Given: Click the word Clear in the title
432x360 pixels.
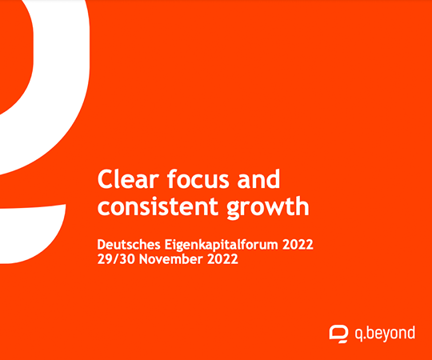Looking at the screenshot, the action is pyautogui.click(x=128, y=179).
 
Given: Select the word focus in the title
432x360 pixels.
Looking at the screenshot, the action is pyautogui.click(x=198, y=179).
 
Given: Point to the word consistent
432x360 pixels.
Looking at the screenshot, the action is pyautogui.click(x=158, y=206).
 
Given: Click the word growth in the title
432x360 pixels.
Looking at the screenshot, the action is pyautogui.click(x=267, y=207).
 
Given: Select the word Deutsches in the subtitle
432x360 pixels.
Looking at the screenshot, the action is pyautogui.click(x=129, y=245).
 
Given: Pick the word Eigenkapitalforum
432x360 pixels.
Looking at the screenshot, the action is pyautogui.click(x=222, y=245).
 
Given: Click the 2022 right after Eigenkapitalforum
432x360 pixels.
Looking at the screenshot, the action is pyautogui.click(x=298, y=245).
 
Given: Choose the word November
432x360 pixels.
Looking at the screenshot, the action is pyautogui.click(x=171, y=259).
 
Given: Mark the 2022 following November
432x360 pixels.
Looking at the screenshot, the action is pyautogui.click(x=222, y=259).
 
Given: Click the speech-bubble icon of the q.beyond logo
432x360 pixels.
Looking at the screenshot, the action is pyautogui.click(x=338, y=334).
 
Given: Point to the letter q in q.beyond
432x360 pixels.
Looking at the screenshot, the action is pyautogui.click(x=358, y=335).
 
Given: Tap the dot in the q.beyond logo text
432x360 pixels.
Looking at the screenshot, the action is pyautogui.click(x=365, y=338).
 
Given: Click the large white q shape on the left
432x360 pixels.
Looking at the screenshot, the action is pyautogui.click(x=62, y=110).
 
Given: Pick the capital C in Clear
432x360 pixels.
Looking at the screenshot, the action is pyautogui.click(x=106, y=179).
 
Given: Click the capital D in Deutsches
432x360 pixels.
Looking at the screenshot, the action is pyautogui.click(x=102, y=245).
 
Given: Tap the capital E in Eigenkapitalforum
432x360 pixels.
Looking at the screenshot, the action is pyautogui.click(x=168, y=245).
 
